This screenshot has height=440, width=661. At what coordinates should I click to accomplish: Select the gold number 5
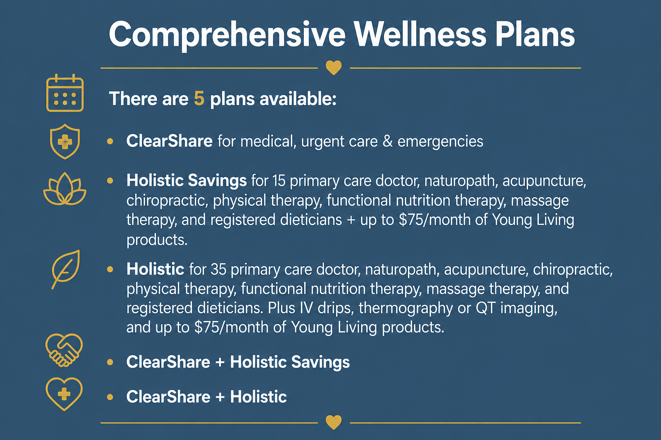click(x=199, y=98)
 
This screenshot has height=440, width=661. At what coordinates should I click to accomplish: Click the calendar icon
click(x=65, y=93)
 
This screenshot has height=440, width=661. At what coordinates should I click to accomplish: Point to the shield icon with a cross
click(x=65, y=141)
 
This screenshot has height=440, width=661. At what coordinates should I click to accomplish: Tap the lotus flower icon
click(x=65, y=189)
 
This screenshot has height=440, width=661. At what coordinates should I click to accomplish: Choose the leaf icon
click(x=66, y=269)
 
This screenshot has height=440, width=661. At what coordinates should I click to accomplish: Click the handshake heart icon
click(x=64, y=350)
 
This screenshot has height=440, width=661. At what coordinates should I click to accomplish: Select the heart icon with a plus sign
click(x=64, y=394)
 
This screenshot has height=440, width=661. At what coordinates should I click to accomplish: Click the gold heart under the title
click(x=334, y=67)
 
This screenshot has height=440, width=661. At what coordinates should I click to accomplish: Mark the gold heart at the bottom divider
click(x=334, y=422)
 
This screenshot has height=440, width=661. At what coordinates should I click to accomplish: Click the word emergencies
click(x=440, y=142)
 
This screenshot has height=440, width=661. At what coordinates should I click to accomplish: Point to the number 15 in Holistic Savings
click(x=279, y=180)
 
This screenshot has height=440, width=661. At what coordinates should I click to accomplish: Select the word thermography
click(x=405, y=309)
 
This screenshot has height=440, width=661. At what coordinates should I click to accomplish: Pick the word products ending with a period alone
click(x=157, y=240)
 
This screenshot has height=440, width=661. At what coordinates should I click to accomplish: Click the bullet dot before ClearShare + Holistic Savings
click(x=110, y=362)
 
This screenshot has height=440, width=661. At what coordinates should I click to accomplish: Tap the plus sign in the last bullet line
click(x=220, y=397)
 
